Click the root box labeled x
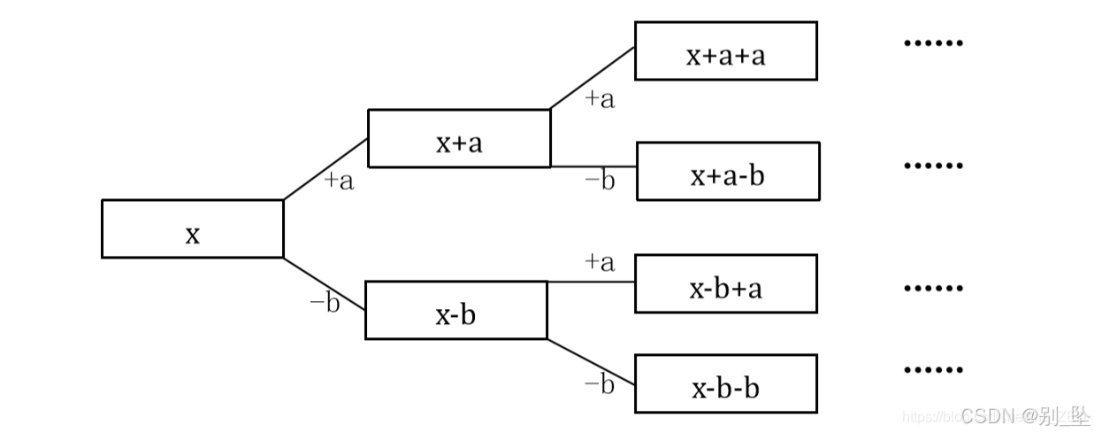tap(192, 228)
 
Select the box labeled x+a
tap(458, 138)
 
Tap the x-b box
tap(455, 310)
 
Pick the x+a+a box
tap(725, 50)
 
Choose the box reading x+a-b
tap(728, 171)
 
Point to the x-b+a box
tap(725, 283)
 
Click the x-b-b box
tap(725, 383)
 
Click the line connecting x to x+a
tap(325, 168)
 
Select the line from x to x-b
tap(324, 283)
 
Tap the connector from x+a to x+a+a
tap(593, 78)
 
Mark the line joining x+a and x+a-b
tap(593, 166)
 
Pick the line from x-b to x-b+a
tap(591, 282)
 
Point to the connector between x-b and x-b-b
tap(591, 362)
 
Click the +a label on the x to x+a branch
tap(339, 182)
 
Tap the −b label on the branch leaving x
tap(325, 303)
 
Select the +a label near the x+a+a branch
tap(600, 98)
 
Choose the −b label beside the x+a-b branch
tap(600, 182)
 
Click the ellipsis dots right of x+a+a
tap(932, 42)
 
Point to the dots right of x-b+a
tap(932, 288)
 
